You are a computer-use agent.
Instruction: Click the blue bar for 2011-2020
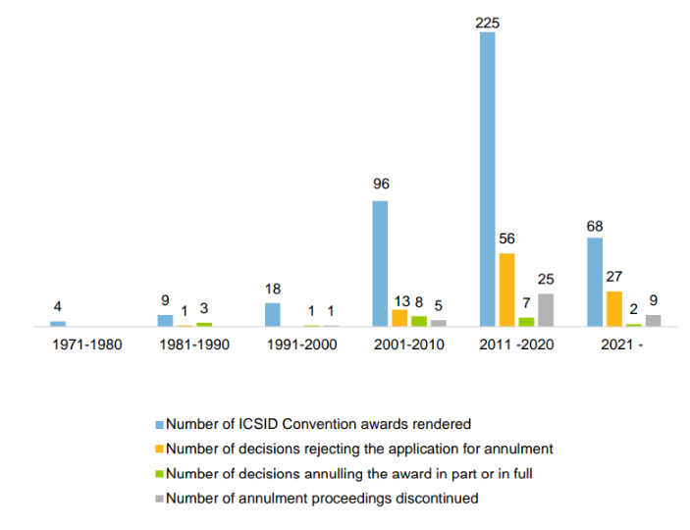[x=488, y=179]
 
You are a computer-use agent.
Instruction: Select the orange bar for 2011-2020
[x=506, y=290]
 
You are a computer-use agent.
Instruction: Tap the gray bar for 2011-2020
[x=545, y=310]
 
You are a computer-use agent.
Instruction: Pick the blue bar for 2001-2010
[x=380, y=263]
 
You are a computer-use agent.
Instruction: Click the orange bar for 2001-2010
[x=399, y=318]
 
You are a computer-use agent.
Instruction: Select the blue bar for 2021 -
[x=595, y=282]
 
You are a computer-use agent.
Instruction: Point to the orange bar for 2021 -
[x=613, y=308]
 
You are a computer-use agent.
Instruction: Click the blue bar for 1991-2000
[x=273, y=314]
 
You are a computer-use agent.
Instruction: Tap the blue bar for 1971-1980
[x=58, y=323]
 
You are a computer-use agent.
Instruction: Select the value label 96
[x=380, y=184]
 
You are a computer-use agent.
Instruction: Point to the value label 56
[x=506, y=238]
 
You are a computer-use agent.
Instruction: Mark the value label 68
[x=595, y=227]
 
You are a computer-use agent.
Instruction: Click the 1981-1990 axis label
[x=194, y=345]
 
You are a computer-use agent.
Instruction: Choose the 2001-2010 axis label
[x=409, y=345]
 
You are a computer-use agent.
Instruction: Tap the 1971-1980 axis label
[x=86, y=345]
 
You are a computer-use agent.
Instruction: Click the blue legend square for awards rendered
[x=159, y=424]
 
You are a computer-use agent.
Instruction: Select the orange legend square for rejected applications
[x=159, y=449]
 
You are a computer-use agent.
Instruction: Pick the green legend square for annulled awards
[x=159, y=473]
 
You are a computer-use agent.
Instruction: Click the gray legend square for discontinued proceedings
[x=159, y=498]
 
